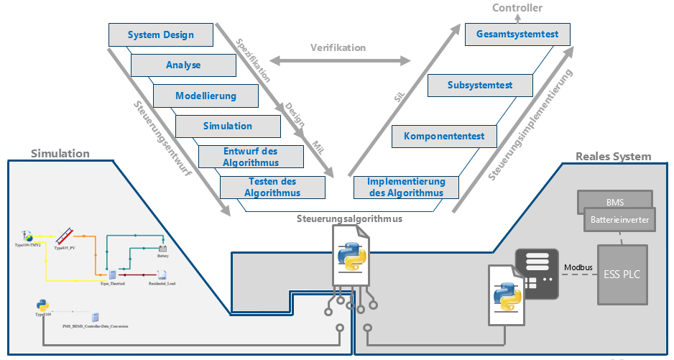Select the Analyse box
183,65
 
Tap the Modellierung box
206,96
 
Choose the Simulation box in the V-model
228,126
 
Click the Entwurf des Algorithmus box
250,157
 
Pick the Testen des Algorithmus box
272,188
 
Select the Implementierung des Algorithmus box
406,188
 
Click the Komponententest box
444,136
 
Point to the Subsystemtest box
480,85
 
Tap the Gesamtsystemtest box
517,34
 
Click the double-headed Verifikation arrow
338,60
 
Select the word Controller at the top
517,8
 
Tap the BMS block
614,202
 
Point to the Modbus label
578,267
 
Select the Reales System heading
614,156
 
